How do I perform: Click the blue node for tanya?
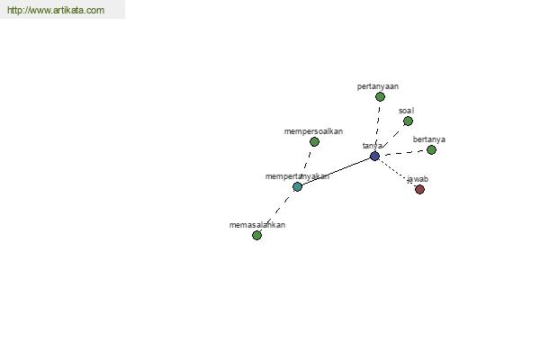coord(374,156)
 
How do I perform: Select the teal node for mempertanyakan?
coord(297,186)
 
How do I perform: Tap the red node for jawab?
coord(419,189)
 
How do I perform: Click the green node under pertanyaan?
coord(380,97)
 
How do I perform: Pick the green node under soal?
coord(408,121)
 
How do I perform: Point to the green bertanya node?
coord(431,149)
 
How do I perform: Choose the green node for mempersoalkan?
coord(314,141)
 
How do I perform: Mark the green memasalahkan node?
coord(256,235)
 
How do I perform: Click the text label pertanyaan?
coord(378,86)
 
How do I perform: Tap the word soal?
coord(407,111)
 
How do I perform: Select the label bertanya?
coord(429,139)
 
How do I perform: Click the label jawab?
coord(418,179)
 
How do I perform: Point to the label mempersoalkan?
coord(313,131)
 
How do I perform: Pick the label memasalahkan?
coord(257,225)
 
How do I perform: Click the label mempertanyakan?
coord(297,176)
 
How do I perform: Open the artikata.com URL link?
coord(56,10)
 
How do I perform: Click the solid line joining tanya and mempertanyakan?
coord(336,172)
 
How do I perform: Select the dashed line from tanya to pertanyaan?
coord(377,126)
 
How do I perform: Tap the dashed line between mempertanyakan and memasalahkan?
coord(277,211)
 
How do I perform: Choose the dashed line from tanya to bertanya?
coord(403,153)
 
